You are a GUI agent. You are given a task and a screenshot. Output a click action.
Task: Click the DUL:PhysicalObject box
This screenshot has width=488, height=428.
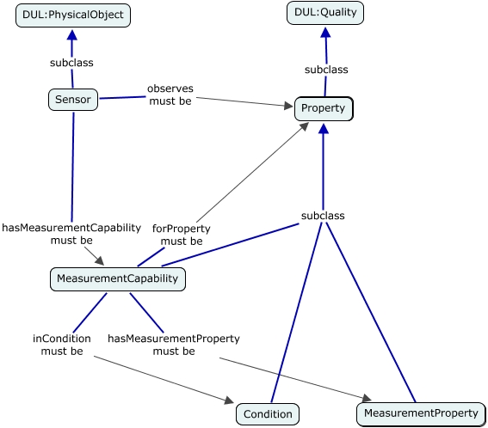tap(73, 15)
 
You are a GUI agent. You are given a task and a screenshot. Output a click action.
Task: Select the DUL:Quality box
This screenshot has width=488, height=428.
tap(325, 13)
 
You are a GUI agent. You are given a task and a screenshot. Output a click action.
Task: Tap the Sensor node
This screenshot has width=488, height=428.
tap(73, 100)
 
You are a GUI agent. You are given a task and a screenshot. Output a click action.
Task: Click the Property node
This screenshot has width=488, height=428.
tap(324, 108)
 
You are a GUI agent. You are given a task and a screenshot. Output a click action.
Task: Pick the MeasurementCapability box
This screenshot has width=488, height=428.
tap(118, 278)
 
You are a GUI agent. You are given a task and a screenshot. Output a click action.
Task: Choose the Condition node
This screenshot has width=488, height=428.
tap(268, 414)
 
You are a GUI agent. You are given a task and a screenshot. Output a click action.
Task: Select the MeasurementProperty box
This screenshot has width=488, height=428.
tap(421, 413)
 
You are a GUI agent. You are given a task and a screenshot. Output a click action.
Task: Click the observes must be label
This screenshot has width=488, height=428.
tap(170, 95)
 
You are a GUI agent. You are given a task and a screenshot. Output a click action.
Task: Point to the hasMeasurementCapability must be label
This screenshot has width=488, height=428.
tap(71, 234)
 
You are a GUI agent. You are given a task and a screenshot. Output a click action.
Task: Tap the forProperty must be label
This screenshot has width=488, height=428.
tap(182, 235)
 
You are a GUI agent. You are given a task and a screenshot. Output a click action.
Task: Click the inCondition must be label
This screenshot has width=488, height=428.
tap(62, 345)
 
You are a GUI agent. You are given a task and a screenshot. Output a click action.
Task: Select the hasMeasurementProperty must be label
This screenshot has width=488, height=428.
tap(174, 345)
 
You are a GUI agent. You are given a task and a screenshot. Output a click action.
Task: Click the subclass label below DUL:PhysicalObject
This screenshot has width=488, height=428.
tap(71, 63)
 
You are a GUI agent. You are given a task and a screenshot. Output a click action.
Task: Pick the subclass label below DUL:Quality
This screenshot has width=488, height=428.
tap(326, 70)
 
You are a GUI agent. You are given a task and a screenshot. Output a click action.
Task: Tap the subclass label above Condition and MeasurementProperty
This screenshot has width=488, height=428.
tap(323, 216)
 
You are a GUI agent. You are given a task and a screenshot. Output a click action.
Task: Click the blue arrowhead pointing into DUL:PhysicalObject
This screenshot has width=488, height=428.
tap(72, 35)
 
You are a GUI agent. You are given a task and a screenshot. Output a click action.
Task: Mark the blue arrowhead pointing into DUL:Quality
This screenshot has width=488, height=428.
tap(325, 33)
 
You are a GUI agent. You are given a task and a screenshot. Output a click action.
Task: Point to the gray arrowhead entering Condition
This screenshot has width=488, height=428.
tap(229, 400)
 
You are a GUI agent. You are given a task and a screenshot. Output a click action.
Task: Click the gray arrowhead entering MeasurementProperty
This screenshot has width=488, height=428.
tap(367, 398)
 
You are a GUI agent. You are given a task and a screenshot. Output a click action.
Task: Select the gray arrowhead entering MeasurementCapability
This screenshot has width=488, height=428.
tap(100, 260)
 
